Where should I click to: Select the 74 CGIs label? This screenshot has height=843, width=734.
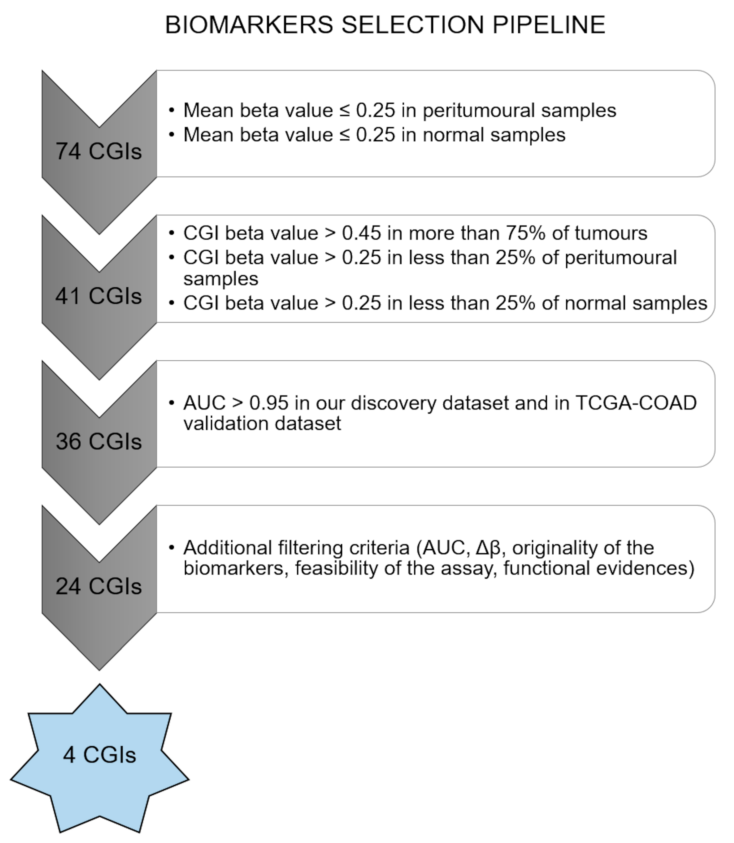coord(99,151)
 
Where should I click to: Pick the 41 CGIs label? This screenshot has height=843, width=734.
coord(99,296)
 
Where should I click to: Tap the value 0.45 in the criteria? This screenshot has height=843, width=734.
coord(361,233)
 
